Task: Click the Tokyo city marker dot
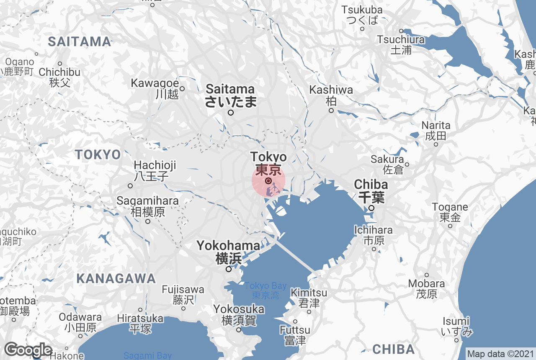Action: [268, 181]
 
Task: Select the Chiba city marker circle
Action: [371, 208]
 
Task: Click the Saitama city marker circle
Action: [230, 113]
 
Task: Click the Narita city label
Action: [436, 130]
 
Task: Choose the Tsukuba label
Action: [362, 15]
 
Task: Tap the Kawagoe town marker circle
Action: [182, 88]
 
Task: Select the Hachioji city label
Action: [155, 170]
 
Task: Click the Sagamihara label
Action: [147, 206]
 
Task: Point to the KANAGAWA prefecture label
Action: [116, 278]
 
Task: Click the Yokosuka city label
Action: [239, 315]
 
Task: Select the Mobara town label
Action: [426, 288]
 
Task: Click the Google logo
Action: [28, 350]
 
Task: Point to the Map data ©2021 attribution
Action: [500, 354]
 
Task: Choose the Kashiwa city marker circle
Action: [331, 111]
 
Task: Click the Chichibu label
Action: [59, 77]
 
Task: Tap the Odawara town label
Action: [80, 322]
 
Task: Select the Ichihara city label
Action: [374, 235]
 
